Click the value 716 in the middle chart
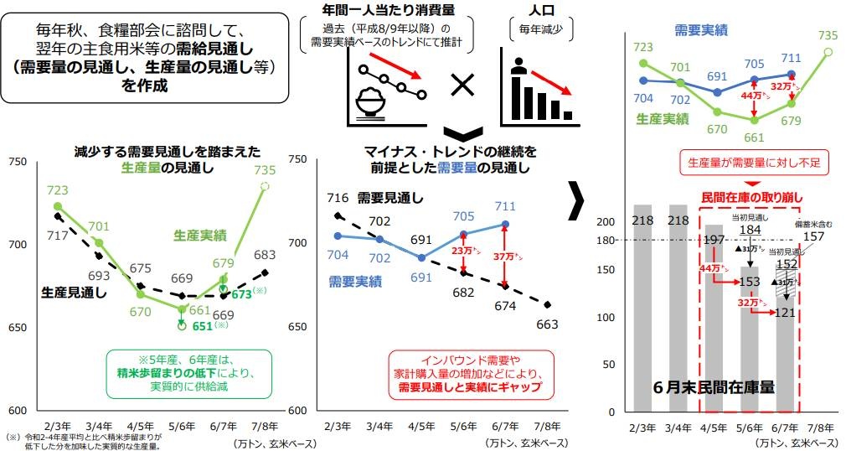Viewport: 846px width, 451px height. [x=338, y=198]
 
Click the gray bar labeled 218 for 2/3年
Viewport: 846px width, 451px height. [x=642, y=308]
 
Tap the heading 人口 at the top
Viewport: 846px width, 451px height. [x=541, y=13]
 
